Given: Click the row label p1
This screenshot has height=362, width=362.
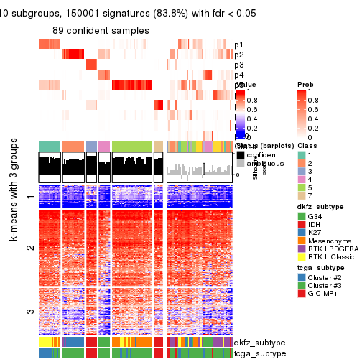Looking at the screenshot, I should pyautogui.click(x=238, y=45).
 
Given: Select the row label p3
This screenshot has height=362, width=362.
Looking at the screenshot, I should pyautogui.click(x=238, y=65).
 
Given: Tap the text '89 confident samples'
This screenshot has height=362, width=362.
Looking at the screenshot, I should pyautogui.click(x=100, y=30).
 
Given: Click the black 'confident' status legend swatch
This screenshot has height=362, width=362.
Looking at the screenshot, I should pyautogui.click(x=240, y=154).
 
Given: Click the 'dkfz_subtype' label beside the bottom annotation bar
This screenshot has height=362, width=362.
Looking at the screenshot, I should pyautogui.click(x=260, y=343).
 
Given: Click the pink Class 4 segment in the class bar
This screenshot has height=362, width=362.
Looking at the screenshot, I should pyautogui.click(x=104, y=147).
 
